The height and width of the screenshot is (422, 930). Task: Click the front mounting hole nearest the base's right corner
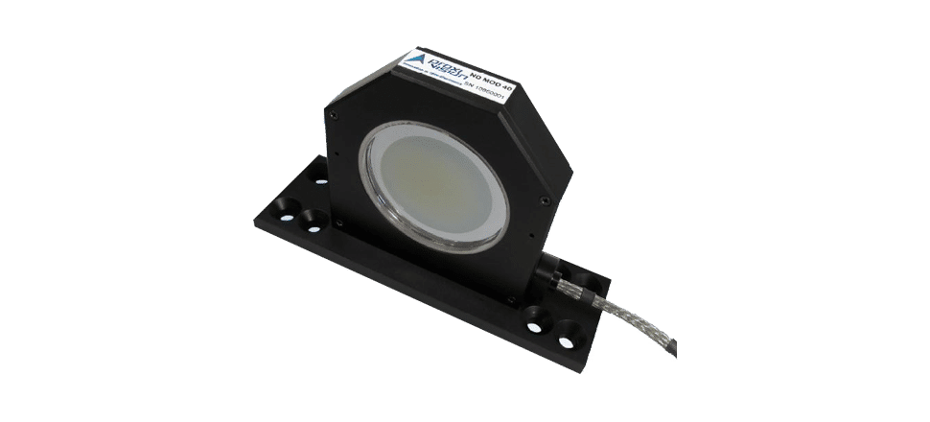(568, 341)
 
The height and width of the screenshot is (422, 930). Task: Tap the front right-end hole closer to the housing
(536, 316)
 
